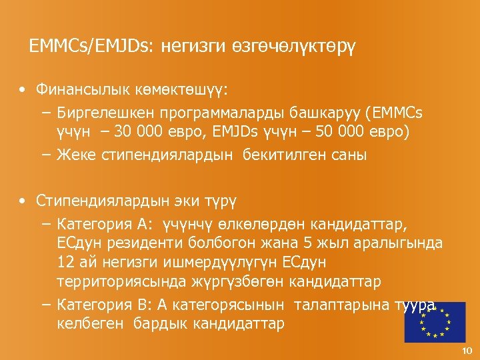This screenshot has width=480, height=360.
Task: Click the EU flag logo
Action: click(x=435, y=322)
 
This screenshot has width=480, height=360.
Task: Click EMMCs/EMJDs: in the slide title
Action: click(x=91, y=46)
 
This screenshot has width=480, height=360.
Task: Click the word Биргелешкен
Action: click(x=100, y=111)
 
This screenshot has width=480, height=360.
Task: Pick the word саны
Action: click(x=351, y=155)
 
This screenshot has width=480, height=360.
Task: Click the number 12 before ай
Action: click(x=65, y=261)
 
